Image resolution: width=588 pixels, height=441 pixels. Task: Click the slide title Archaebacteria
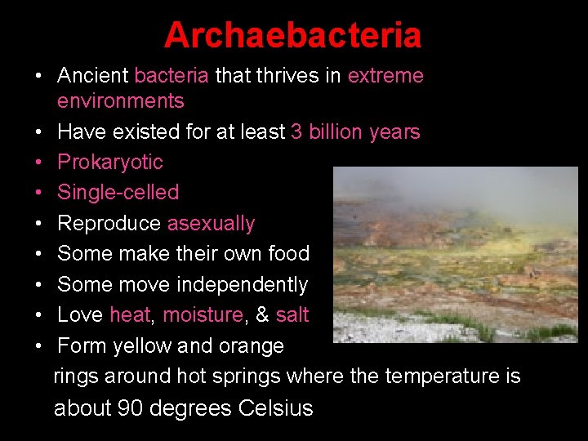[x=292, y=35]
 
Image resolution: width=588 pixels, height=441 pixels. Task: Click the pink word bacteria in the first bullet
[x=171, y=76]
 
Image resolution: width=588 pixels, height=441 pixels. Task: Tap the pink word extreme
[x=385, y=76]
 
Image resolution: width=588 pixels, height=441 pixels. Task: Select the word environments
[x=120, y=101]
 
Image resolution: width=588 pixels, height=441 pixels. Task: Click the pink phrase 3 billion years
[x=355, y=131]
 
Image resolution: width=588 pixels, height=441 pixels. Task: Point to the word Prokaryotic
[x=109, y=162]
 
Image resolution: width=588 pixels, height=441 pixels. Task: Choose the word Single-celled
[x=118, y=192]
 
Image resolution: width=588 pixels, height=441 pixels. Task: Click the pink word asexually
[x=211, y=223]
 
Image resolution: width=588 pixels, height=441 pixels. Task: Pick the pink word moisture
[x=203, y=314]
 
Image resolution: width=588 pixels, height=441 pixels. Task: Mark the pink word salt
[x=292, y=314]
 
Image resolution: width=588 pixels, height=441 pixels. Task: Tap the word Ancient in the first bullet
[x=92, y=76]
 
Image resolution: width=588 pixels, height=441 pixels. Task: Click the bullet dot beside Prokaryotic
[x=38, y=163]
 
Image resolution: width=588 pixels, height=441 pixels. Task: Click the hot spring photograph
[x=455, y=255]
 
